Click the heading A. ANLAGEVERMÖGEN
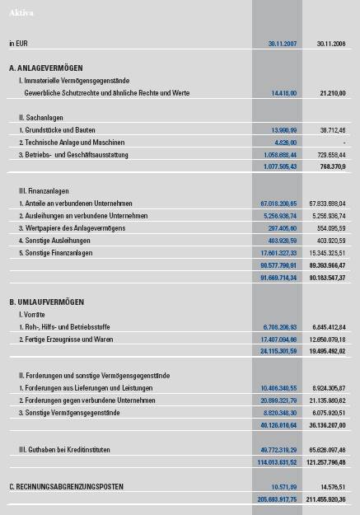(46, 68)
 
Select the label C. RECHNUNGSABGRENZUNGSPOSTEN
(67, 487)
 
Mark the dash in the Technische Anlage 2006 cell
(344, 143)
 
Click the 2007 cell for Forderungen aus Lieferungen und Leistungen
(278, 388)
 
